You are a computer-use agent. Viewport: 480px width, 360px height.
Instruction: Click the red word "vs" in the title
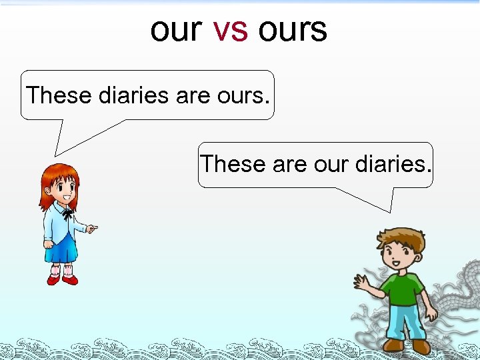pos(230,30)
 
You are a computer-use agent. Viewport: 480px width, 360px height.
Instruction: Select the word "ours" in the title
pos(293,30)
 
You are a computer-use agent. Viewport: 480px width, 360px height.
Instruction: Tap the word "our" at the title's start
pos(176,30)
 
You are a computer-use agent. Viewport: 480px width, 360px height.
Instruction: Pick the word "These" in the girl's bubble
pos(59,96)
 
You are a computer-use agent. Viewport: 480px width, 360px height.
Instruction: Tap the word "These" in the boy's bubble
pos(233,163)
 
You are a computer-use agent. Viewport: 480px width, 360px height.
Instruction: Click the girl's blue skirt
pos(61,249)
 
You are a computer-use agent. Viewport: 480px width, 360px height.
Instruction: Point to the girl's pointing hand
pos(92,229)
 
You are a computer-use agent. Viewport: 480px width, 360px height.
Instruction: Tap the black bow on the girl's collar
pos(67,215)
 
